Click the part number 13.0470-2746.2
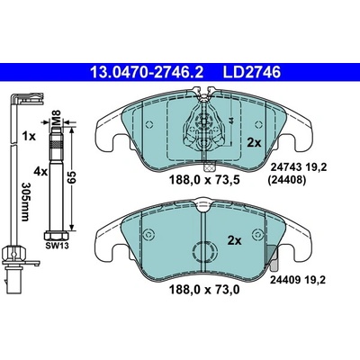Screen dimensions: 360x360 tap(147, 72)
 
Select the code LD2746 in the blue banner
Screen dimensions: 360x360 tap(251, 72)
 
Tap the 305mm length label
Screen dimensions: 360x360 tap(26, 202)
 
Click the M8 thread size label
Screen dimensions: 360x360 tap(57, 116)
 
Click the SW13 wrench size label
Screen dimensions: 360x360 tap(57, 246)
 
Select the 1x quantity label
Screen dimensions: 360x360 tap(29, 137)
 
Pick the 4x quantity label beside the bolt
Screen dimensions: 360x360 tap(40, 172)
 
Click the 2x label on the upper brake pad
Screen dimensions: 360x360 tap(254, 143)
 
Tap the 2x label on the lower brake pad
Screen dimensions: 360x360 tap(234, 240)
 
